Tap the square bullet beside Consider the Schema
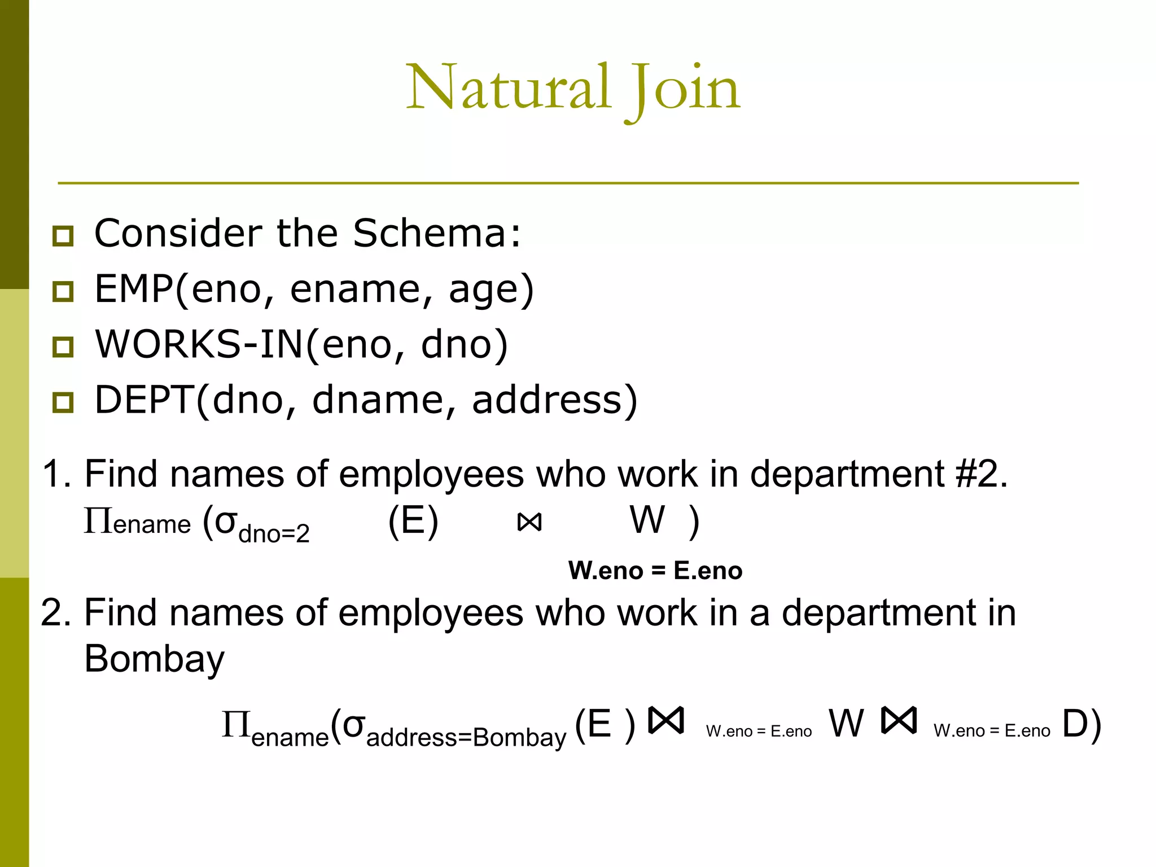pos(63,235)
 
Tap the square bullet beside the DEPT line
pos(63,402)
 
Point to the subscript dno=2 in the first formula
pos(274,533)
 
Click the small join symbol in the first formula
pos(529,523)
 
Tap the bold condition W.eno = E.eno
pos(655,571)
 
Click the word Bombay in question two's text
pos(154,658)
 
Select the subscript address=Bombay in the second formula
pos(466,737)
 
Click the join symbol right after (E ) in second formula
pos(666,721)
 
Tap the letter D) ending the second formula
pos(1081,724)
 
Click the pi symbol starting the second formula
pos(235,724)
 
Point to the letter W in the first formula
pos(647,520)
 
